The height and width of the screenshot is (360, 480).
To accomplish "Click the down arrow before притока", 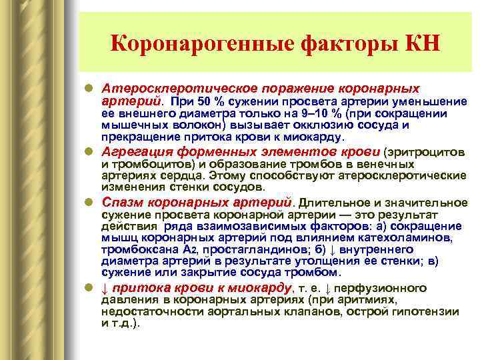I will [x=105, y=287].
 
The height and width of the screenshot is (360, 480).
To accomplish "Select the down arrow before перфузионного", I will [x=337, y=287].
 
